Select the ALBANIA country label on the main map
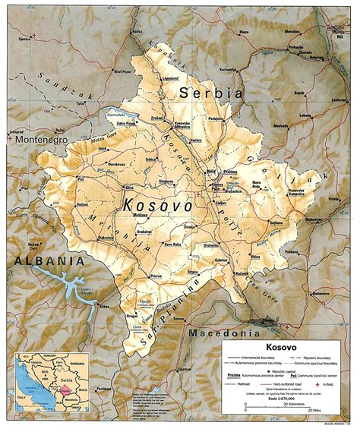coord(41,261)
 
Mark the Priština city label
coord(231,172)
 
